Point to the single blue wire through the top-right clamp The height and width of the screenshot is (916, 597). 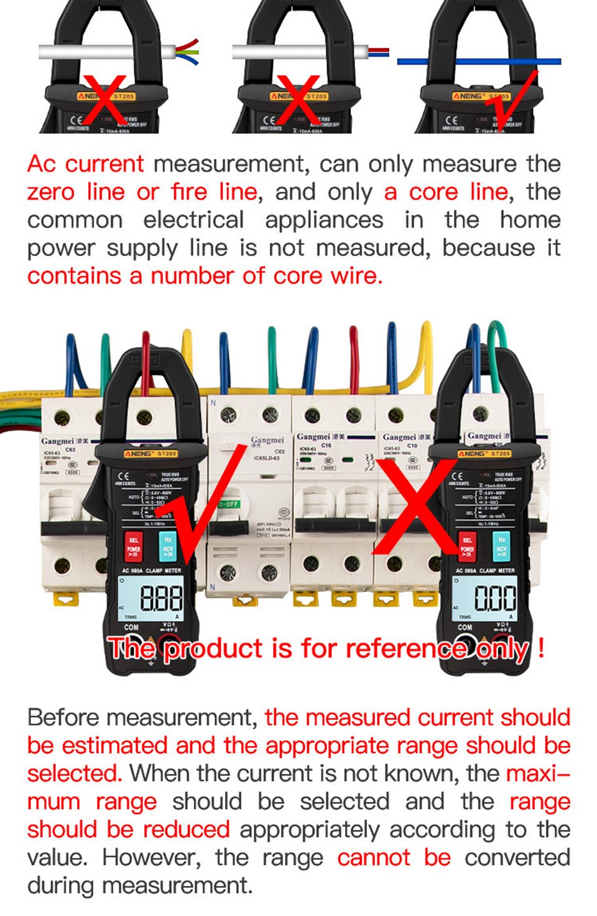click(479, 62)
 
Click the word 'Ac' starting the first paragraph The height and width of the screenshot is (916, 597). click(42, 164)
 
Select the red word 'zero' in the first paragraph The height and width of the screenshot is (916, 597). click(50, 192)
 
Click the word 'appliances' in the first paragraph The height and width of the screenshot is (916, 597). click(324, 220)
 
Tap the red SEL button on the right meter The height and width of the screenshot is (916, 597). click(467, 545)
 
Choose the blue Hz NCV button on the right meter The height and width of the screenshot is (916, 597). click(501, 544)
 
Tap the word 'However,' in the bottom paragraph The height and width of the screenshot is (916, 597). click(152, 858)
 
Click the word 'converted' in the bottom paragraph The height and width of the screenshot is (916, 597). click(517, 858)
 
